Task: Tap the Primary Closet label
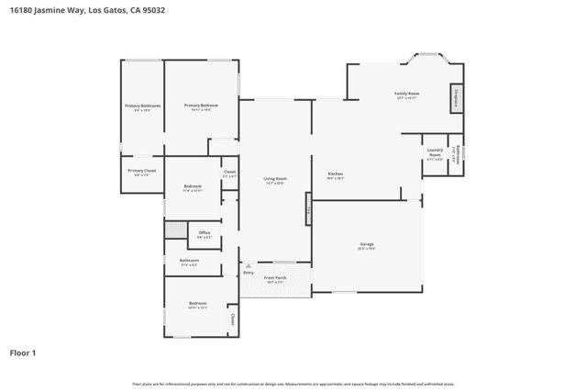(142, 172)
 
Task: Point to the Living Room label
(274, 180)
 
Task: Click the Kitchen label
(336, 175)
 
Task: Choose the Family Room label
(407, 95)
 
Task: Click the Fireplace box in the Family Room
(455, 97)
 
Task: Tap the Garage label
(366, 245)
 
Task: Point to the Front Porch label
(276, 279)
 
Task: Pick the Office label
(205, 234)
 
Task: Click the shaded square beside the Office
(176, 231)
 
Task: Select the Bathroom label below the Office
(189, 263)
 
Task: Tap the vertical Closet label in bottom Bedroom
(233, 320)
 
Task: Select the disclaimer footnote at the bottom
(293, 384)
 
